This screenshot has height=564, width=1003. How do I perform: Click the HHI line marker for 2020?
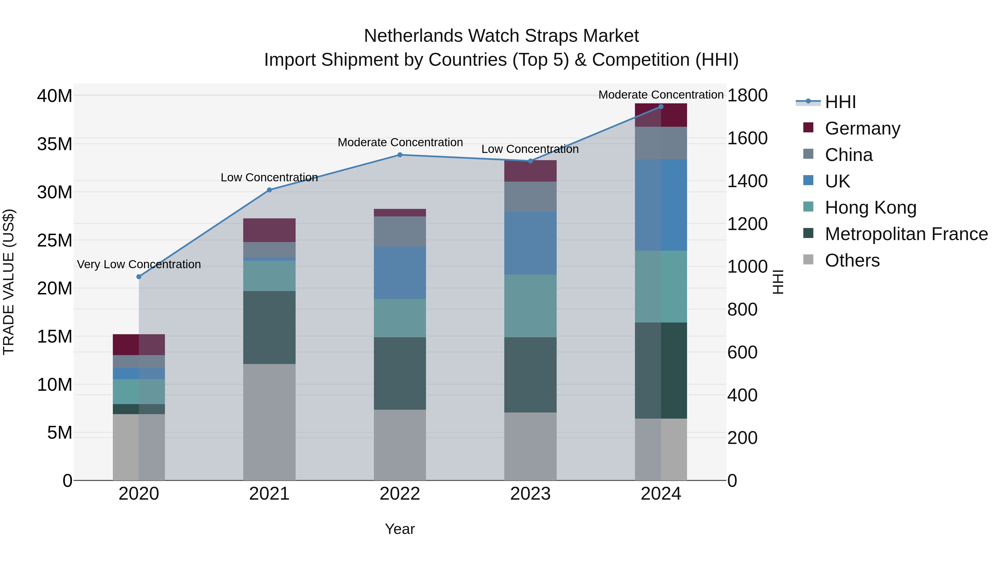[x=139, y=277]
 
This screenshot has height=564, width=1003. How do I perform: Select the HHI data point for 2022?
[x=400, y=155]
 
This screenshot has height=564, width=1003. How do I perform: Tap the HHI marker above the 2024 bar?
[x=661, y=107]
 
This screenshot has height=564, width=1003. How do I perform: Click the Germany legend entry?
[x=862, y=128]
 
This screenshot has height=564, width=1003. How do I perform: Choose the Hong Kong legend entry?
[x=870, y=207]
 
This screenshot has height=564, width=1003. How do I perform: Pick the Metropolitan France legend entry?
[x=906, y=234]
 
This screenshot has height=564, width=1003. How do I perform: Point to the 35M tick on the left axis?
[x=55, y=144]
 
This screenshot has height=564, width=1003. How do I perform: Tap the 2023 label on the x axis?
[x=530, y=494]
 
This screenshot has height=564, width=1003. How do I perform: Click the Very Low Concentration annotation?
[x=139, y=264]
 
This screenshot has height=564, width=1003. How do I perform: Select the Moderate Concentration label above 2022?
[x=400, y=142]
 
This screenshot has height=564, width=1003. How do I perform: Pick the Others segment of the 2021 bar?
[x=269, y=422]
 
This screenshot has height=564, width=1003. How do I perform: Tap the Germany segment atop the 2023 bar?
[x=530, y=171]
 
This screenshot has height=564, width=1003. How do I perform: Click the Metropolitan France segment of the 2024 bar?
[x=661, y=370]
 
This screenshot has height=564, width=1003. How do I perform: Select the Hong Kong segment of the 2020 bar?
[x=139, y=391]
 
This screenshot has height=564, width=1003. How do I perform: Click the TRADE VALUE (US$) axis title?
[x=9, y=282]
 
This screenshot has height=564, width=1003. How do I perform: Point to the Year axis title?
[x=400, y=529]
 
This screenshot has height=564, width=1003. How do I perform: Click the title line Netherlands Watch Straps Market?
[x=501, y=36]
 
